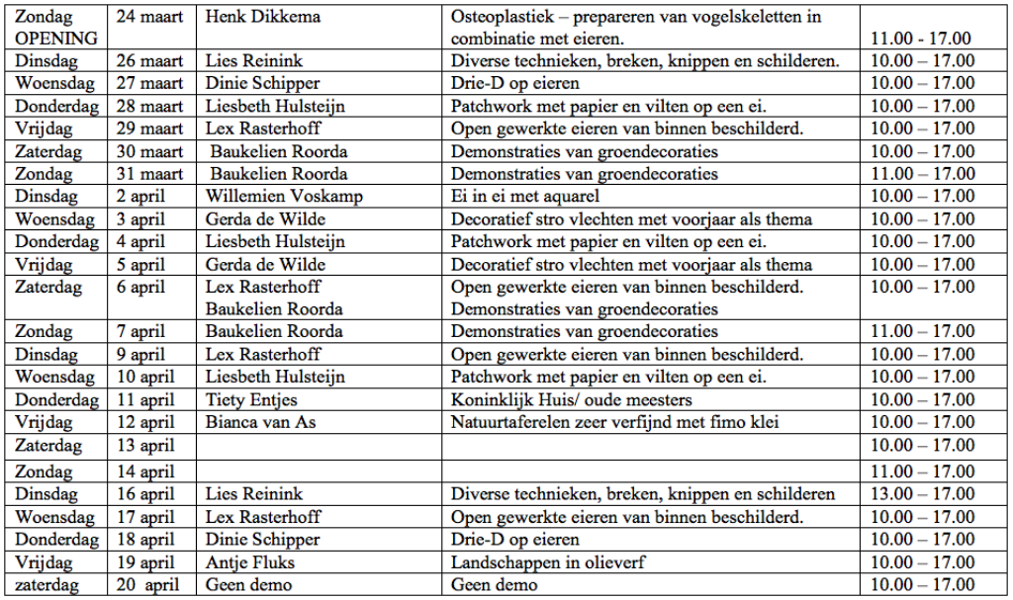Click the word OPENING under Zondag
[x=55, y=39]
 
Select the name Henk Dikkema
[x=262, y=18]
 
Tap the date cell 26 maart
[x=149, y=61]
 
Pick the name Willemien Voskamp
[x=270, y=197]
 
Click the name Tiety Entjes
[x=251, y=400]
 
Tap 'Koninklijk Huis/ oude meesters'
[x=572, y=400]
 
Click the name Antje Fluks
[x=250, y=562]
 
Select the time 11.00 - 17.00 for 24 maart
[x=920, y=40]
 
